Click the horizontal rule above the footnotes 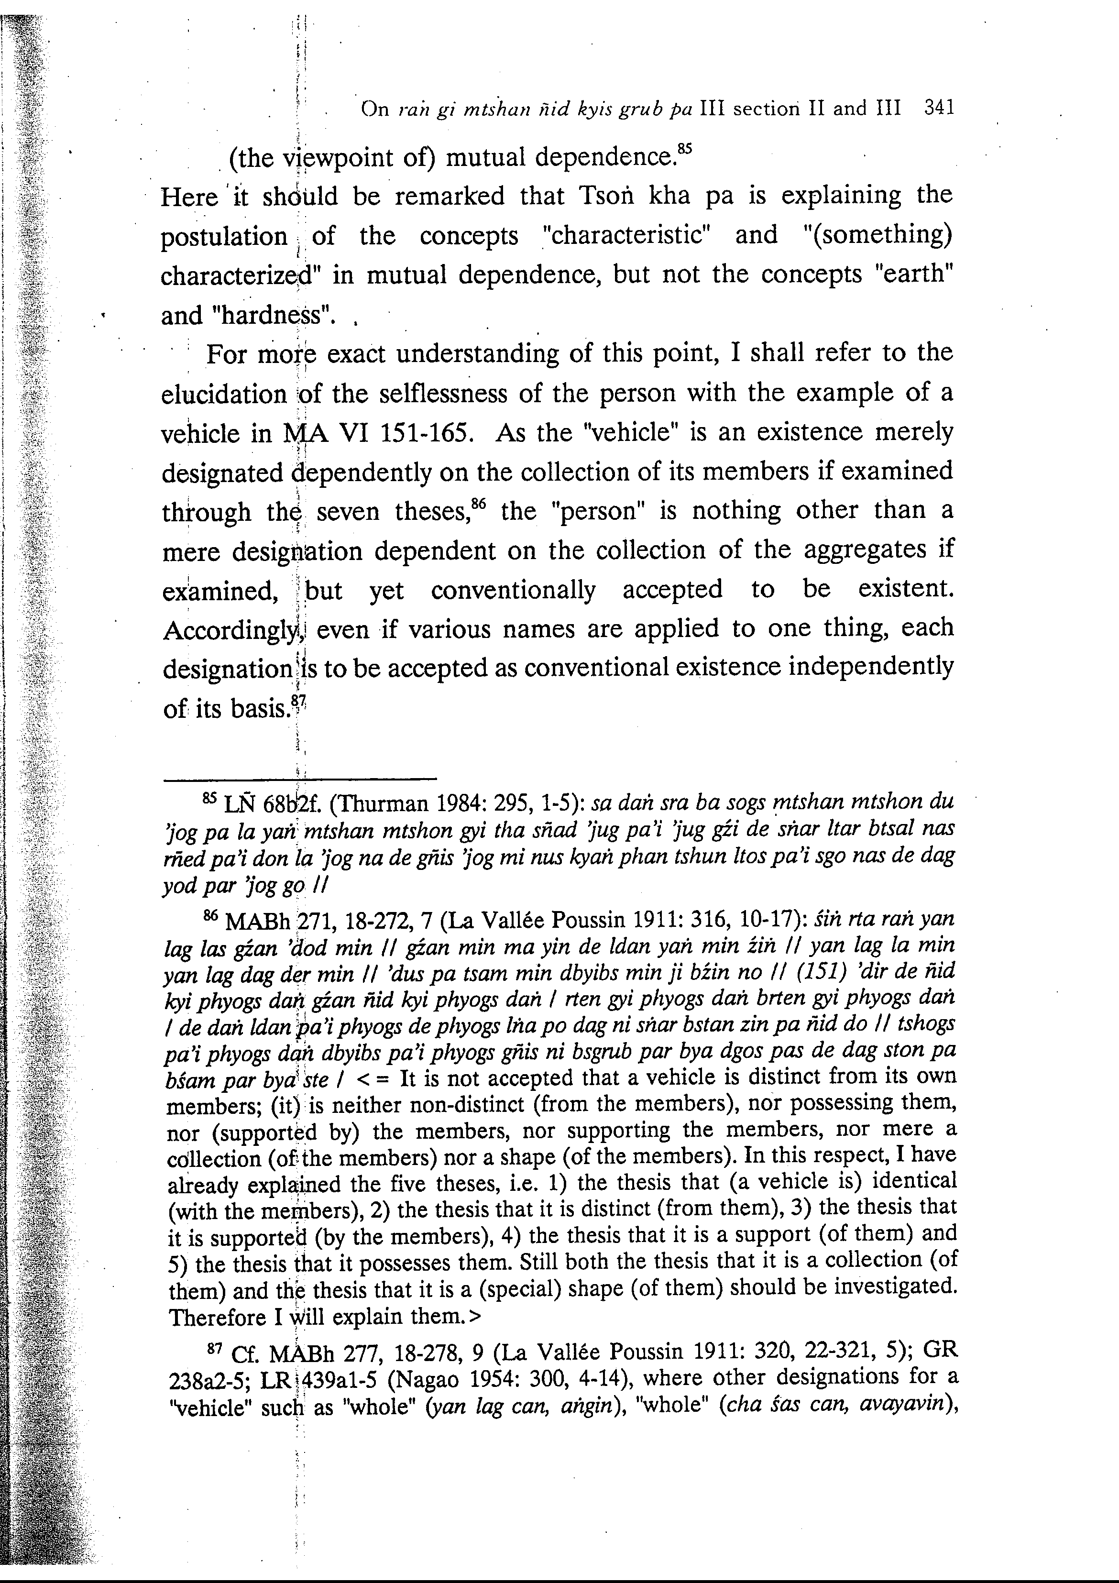(x=299, y=780)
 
